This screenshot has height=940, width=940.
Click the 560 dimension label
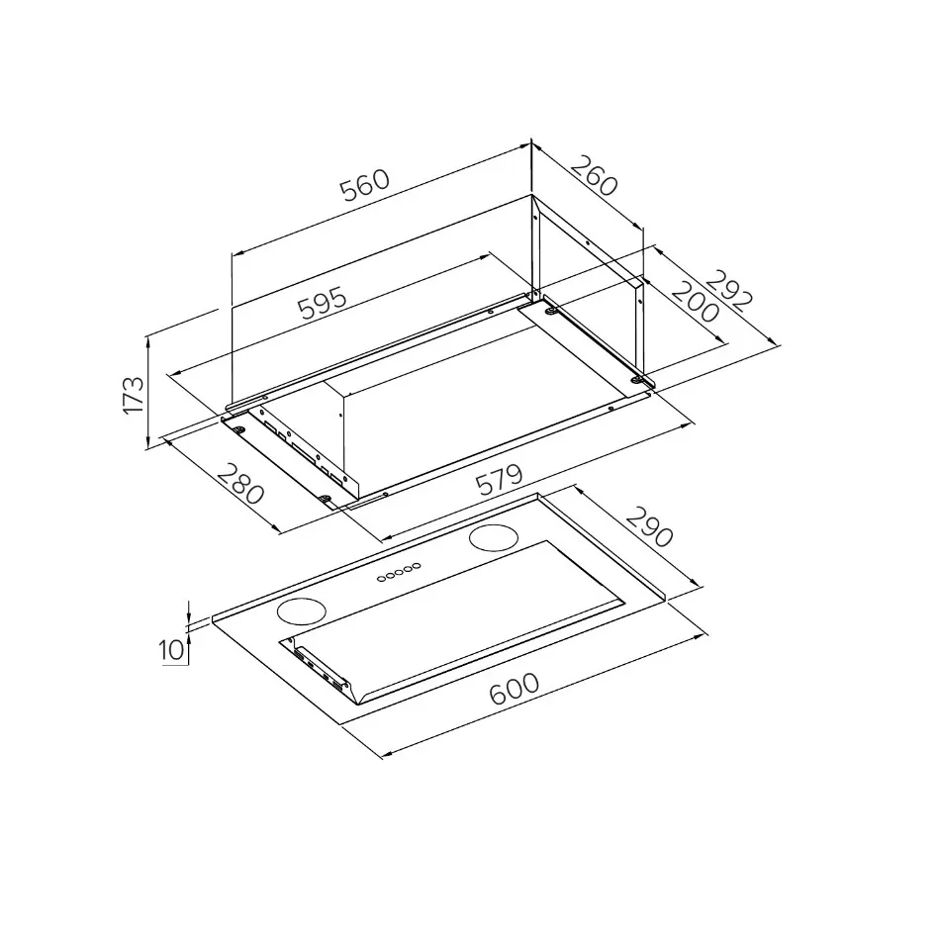(x=365, y=185)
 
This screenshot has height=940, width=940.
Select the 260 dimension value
(x=593, y=175)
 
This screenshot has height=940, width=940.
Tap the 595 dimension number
(x=323, y=302)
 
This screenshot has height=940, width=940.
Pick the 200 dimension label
(x=695, y=302)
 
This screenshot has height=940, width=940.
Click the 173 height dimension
(x=134, y=395)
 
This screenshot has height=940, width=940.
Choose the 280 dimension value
(x=240, y=485)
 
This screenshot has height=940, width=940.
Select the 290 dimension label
(x=650, y=527)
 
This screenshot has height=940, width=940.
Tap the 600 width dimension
(x=515, y=690)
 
